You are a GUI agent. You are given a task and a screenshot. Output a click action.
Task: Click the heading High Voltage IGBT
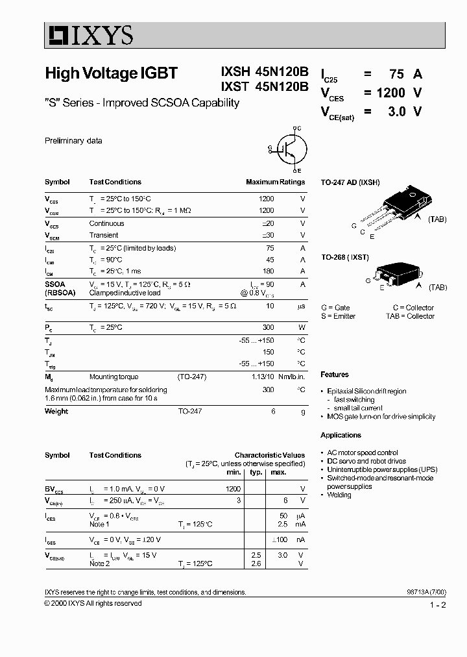click(x=111, y=73)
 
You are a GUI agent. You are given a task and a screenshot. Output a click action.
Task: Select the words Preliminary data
click(x=73, y=141)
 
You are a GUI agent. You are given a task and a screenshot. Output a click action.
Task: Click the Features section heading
click(x=335, y=375)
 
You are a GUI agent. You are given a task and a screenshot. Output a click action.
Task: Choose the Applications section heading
click(x=341, y=435)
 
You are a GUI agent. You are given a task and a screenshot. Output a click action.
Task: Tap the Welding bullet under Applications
click(x=339, y=495)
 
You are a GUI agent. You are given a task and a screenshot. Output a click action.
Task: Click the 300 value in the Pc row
click(x=268, y=328)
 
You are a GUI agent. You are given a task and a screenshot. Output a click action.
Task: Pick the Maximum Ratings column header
click(x=275, y=182)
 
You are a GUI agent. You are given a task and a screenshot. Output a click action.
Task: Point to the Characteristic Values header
click(x=269, y=455)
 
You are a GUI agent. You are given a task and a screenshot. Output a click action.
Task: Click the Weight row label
click(x=56, y=411)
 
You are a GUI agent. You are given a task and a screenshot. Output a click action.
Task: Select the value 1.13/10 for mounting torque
click(x=263, y=376)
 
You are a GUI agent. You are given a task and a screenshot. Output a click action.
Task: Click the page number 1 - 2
click(x=438, y=605)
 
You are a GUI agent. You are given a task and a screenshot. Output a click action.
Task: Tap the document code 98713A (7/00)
click(x=424, y=592)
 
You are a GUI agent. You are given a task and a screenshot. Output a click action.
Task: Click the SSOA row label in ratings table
click(x=55, y=284)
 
